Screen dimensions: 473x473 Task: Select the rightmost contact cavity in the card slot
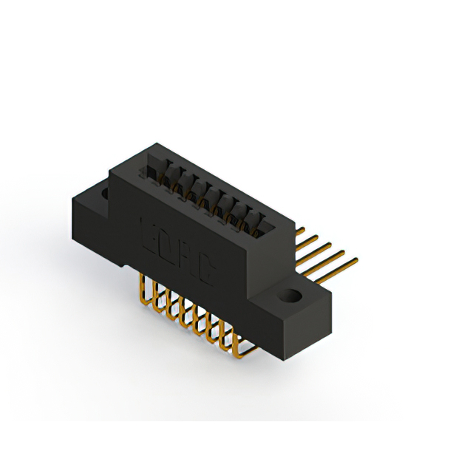click(258, 222)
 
